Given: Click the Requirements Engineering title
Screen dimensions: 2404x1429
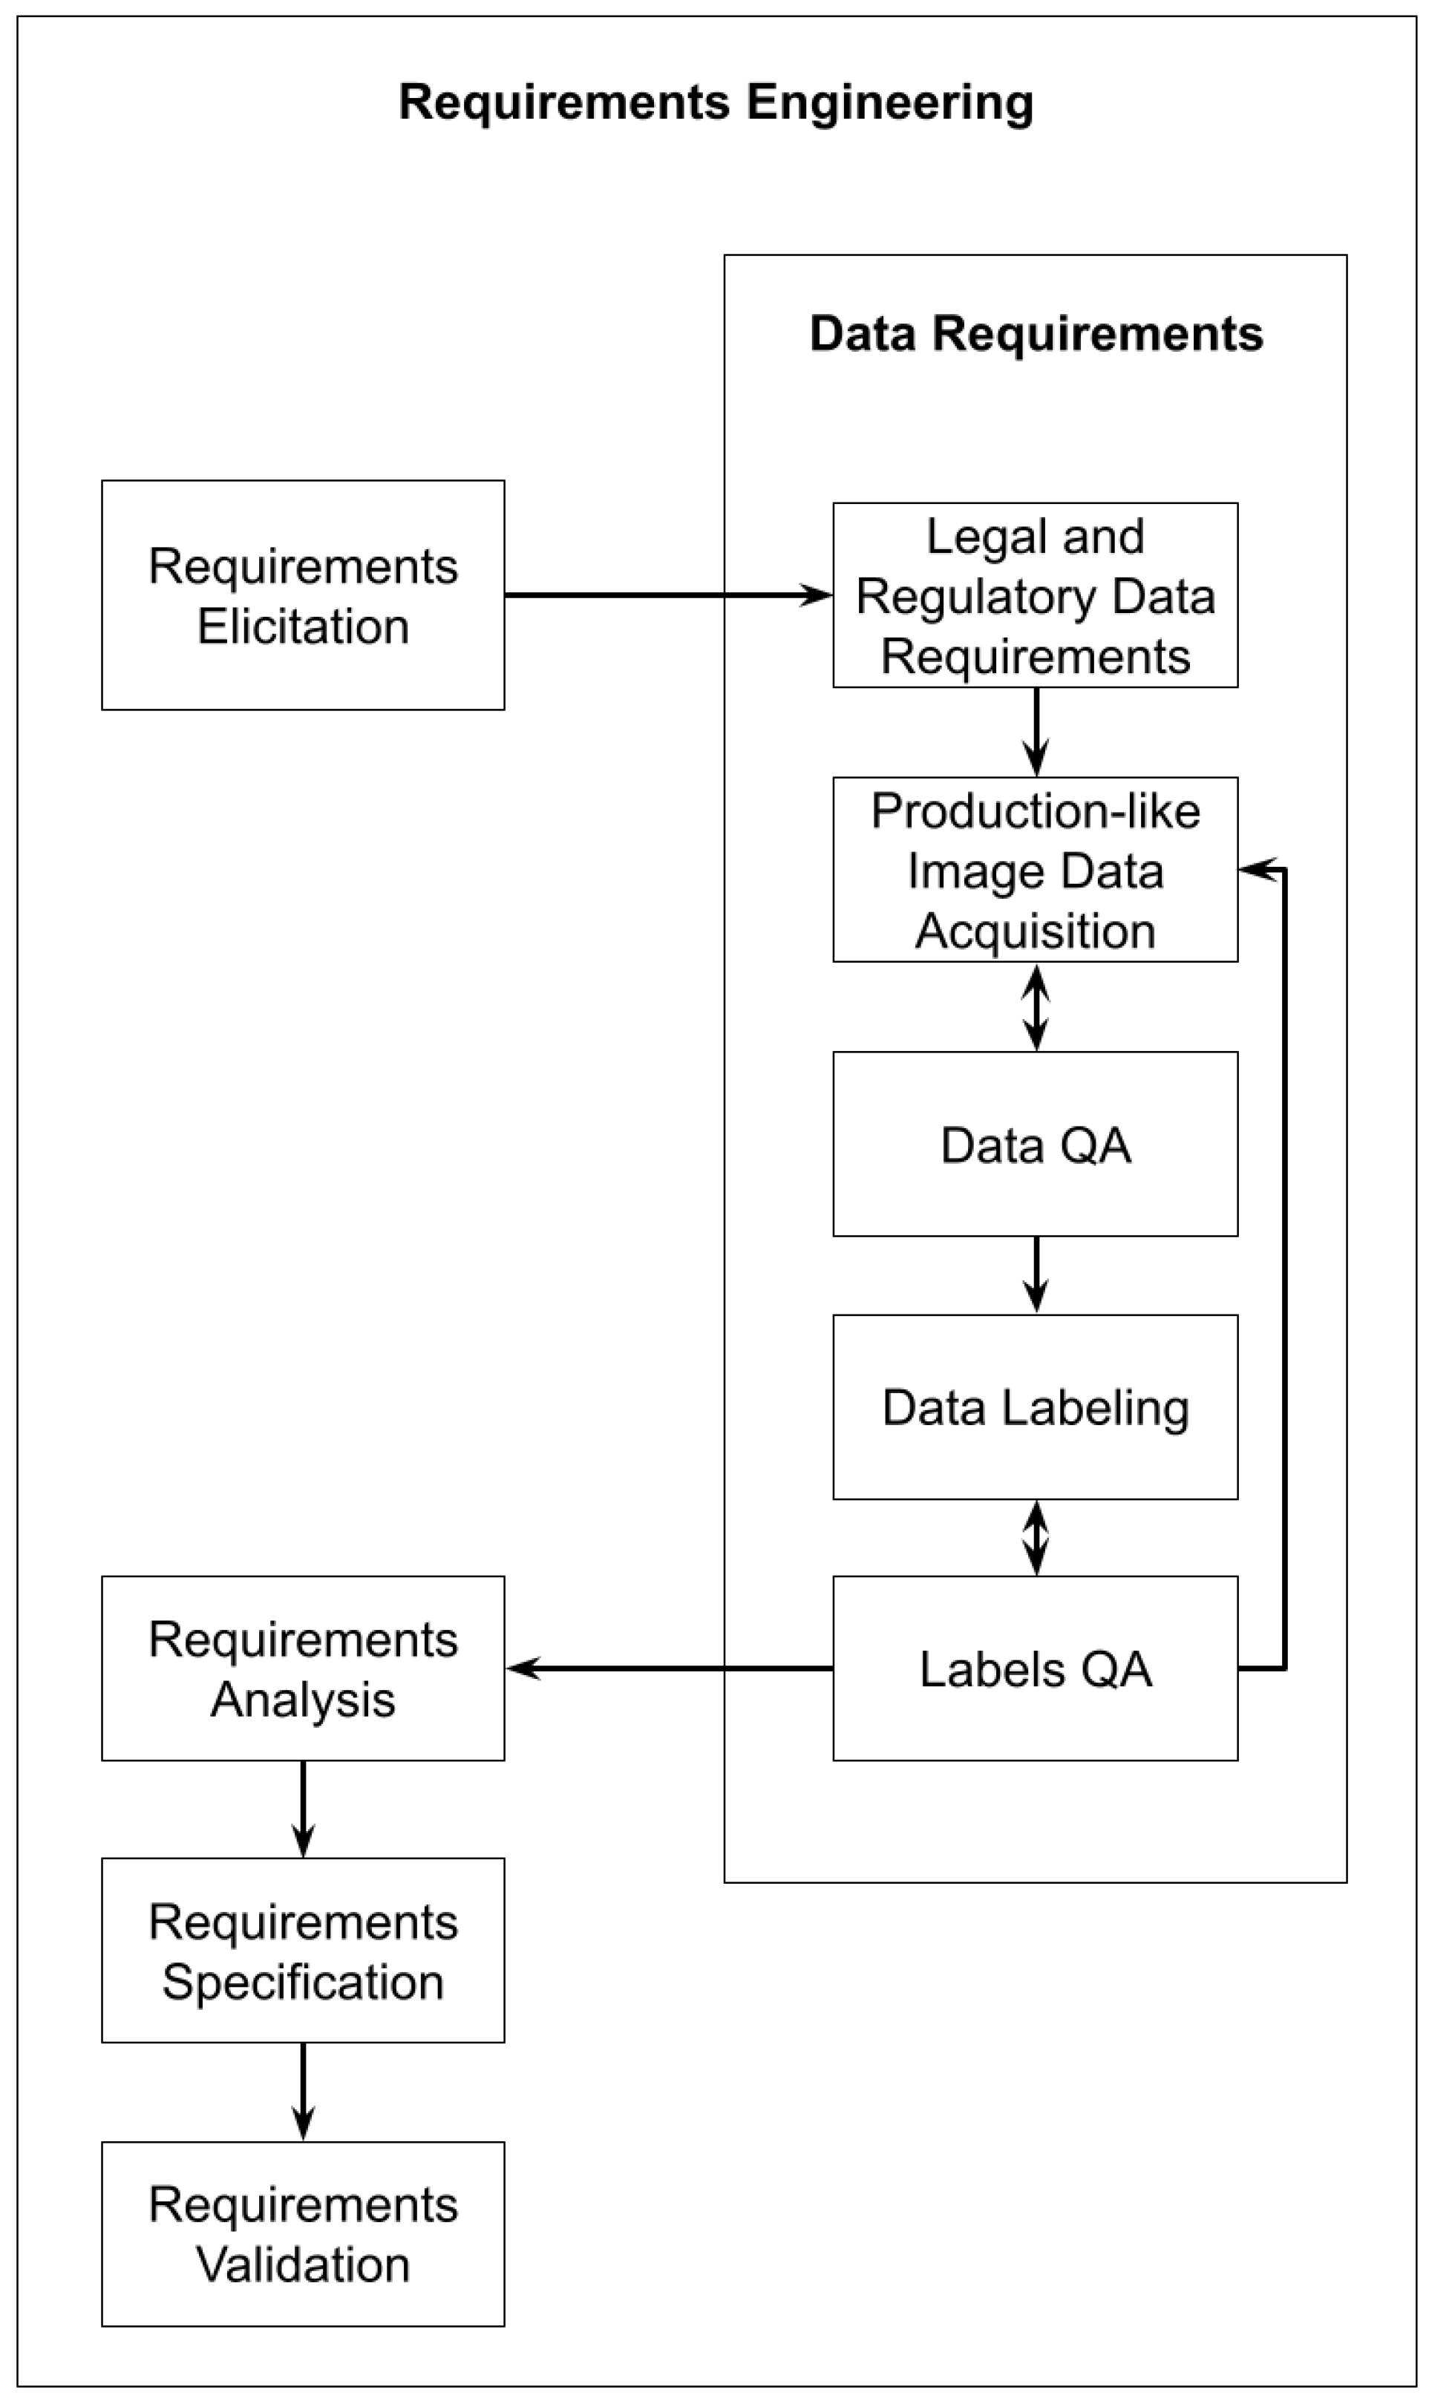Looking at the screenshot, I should pos(716,102).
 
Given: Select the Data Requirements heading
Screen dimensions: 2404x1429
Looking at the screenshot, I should pos(1035,334).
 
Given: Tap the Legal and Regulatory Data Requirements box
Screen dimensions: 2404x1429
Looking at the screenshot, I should pos(1035,595).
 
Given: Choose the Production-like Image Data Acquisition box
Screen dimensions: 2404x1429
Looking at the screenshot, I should pos(1035,869).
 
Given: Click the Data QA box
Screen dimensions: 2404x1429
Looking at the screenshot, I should pos(1035,1144).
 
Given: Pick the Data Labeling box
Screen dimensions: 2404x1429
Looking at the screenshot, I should pos(1035,1406).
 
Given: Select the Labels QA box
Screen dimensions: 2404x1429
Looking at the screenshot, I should pos(1035,1668).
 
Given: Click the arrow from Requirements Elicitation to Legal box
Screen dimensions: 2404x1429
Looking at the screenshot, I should pos(664,595).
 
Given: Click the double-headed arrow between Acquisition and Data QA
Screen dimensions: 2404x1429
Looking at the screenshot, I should pos(1035,1006).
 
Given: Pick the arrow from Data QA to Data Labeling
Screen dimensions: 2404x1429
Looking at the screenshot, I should pos(1035,1274).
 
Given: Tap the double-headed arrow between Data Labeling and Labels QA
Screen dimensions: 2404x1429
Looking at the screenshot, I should pos(1035,1538).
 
